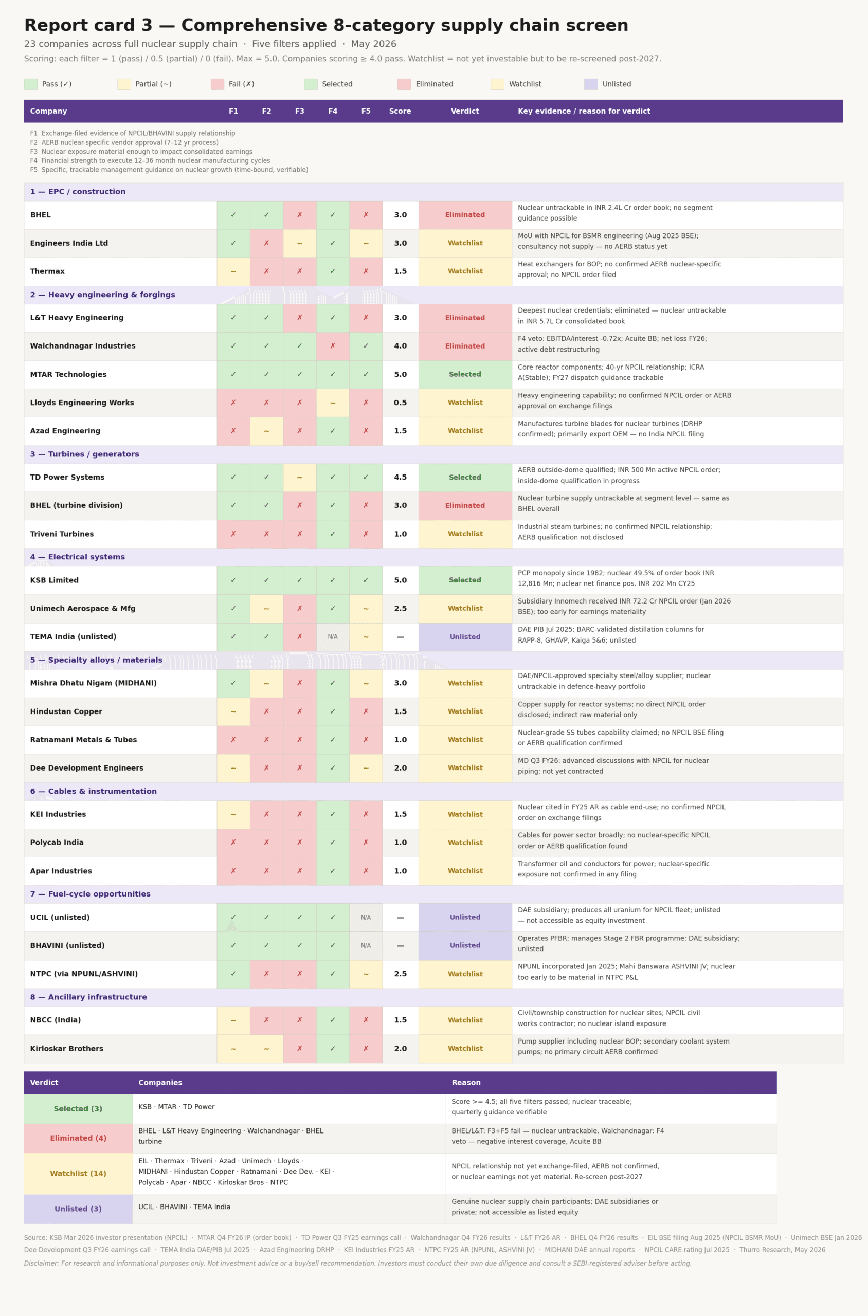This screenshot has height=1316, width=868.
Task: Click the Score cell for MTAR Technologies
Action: (400, 375)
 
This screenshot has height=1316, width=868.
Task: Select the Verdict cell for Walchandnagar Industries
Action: (465, 346)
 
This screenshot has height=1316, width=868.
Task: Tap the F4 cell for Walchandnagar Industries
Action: (333, 346)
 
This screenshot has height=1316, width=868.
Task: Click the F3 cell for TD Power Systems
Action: (299, 478)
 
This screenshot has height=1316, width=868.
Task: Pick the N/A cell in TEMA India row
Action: (333, 637)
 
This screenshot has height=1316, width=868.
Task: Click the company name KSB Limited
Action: (55, 580)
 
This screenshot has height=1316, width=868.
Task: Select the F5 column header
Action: (366, 111)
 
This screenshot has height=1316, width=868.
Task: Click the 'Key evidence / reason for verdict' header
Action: (584, 111)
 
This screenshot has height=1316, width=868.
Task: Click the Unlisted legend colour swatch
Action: (591, 84)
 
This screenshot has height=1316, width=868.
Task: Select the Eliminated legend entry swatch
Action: (404, 84)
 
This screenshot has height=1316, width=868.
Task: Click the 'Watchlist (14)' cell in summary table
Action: (78, 1174)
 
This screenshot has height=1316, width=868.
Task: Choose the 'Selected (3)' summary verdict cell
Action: (78, 1109)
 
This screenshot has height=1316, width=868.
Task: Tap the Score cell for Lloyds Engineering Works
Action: (400, 403)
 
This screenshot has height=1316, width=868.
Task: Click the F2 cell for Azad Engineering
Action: (266, 431)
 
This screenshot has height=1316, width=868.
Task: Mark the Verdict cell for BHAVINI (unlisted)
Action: (465, 946)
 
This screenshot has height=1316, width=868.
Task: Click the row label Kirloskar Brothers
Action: (66, 1049)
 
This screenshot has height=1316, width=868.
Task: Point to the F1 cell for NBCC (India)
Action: (233, 1020)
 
